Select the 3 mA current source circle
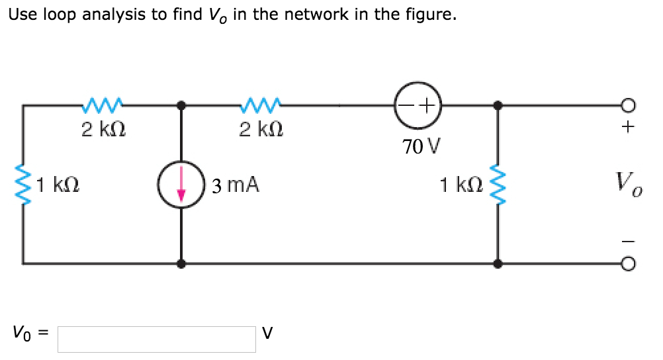click(x=181, y=184)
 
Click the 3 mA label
click(x=236, y=185)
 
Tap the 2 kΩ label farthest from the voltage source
click(x=100, y=129)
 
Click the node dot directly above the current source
click(x=181, y=105)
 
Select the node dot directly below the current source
click(x=181, y=263)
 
